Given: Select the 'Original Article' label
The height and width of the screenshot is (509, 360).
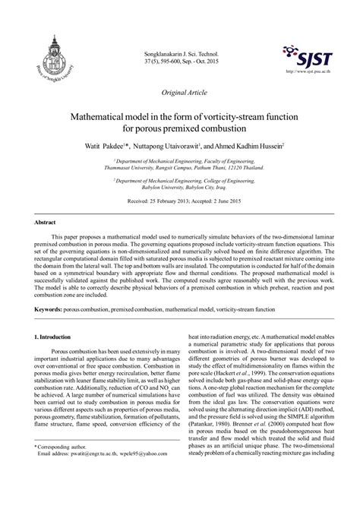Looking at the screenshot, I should [x=180, y=90].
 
